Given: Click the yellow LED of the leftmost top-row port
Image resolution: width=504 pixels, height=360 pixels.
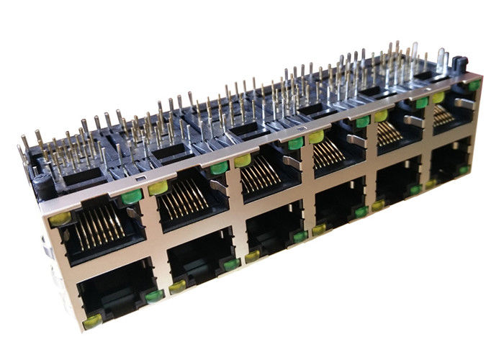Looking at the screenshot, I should (x=60, y=217).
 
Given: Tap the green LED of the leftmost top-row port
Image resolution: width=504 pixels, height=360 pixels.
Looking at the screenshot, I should (x=130, y=197).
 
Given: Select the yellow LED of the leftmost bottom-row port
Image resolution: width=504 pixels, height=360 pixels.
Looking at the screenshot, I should (x=92, y=322).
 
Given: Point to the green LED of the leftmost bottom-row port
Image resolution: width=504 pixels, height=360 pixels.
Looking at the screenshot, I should (x=153, y=295).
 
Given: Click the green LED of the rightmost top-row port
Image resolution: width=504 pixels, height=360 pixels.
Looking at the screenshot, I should (x=473, y=86).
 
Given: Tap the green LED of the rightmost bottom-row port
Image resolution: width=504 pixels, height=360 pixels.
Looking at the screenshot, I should (x=464, y=170).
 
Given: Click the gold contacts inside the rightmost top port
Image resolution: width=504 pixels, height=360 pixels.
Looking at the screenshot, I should (x=447, y=114).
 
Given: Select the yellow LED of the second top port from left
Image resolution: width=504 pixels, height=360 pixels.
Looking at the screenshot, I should (x=158, y=189).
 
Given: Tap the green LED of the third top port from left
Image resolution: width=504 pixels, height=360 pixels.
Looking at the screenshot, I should (x=294, y=143).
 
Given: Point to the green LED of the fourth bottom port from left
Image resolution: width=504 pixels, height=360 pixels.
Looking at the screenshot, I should (x=361, y=212).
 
